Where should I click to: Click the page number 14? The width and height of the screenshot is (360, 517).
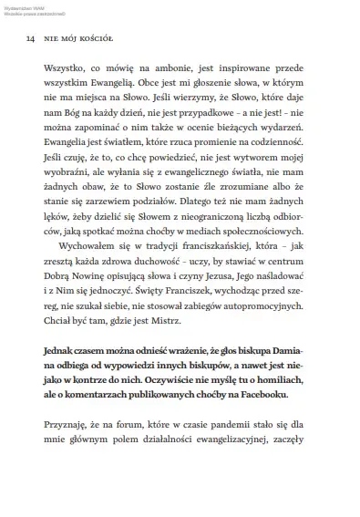pos(30,39)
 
